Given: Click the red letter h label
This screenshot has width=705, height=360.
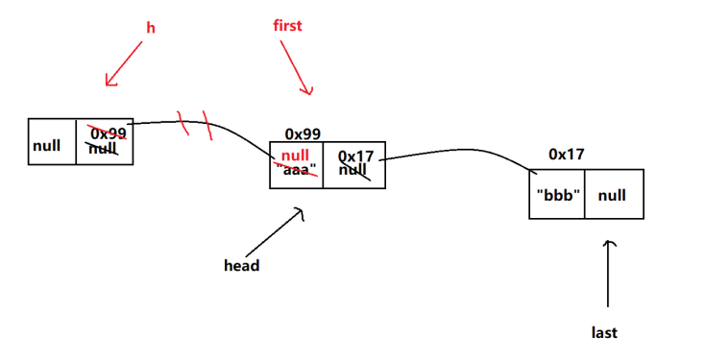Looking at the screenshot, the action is click(151, 28).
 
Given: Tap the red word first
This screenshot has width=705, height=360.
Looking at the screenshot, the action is click(288, 26).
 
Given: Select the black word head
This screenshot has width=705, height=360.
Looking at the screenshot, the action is click(242, 265).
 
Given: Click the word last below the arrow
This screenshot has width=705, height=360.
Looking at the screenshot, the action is click(604, 333).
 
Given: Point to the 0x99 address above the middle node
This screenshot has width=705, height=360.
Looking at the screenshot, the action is click(303, 134).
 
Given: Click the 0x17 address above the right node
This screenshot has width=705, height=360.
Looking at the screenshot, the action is click(566, 154).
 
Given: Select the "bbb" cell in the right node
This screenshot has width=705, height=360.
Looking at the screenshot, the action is click(558, 195).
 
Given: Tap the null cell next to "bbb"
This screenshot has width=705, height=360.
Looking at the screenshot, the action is click(612, 195).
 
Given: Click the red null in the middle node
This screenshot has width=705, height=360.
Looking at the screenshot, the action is click(295, 155).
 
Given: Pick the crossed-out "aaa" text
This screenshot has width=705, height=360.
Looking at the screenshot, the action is click(296, 170).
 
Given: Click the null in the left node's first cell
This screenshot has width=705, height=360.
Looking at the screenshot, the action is click(47, 145).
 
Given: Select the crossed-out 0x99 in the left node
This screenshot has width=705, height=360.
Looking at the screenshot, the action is click(108, 133).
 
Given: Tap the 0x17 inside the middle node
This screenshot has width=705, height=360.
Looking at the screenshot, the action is click(356, 156).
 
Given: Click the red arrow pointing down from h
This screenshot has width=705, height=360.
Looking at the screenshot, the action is click(124, 63).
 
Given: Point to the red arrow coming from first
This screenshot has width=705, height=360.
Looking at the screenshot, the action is click(296, 68).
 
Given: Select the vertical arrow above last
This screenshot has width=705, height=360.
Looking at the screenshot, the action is click(608, 273).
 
